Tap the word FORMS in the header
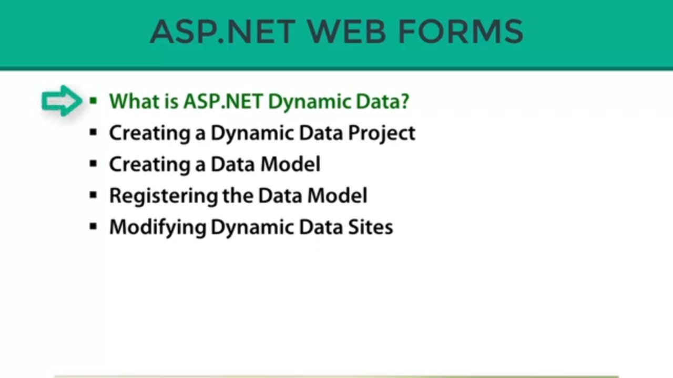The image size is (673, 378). pyautogui.click(x=460, y=31)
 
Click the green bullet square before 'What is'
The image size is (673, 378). pyautogui.click(x=94, y=101)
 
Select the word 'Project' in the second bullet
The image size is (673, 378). pyautogui.click(x=382, y=133)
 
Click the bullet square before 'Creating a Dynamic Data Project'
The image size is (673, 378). pyautogui.click(x=94, y=133)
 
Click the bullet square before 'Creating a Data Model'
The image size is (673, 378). pyautogui.click(x=94, y=164)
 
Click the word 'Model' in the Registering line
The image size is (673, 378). pyautogui.click(x=337, y=196)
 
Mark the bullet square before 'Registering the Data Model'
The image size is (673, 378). pyautogui.click(x=94, y=196)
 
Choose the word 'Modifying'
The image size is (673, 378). pyautogui.click(x=157, y=227)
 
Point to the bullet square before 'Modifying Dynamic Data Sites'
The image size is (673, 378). pyautogui.click(x=94, y=227)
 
